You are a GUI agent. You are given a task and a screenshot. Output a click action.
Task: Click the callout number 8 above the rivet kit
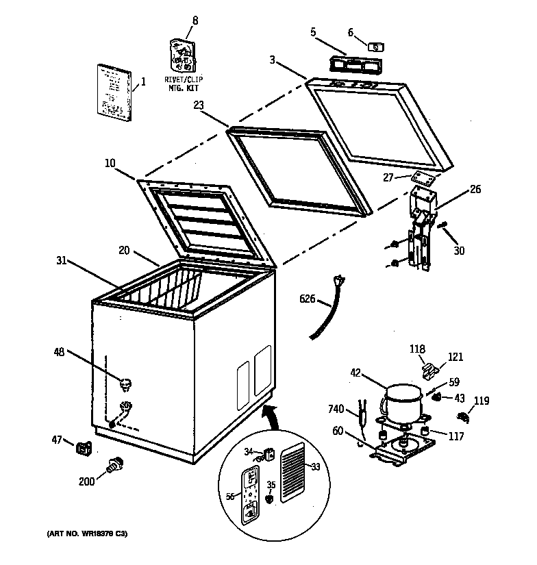pyautogui.click(x=195, y=21)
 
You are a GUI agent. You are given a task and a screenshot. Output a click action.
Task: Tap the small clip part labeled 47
pyautogui.click(x=85, y=449)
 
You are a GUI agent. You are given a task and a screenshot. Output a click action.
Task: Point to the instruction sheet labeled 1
pyautogui.click(x=113, y=90)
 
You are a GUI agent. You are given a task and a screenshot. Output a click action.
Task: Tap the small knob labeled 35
pyautogui.click(x=271, y=499)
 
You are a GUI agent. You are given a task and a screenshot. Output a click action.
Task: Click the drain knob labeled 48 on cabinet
pyautogui.click(x=126, y=382)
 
